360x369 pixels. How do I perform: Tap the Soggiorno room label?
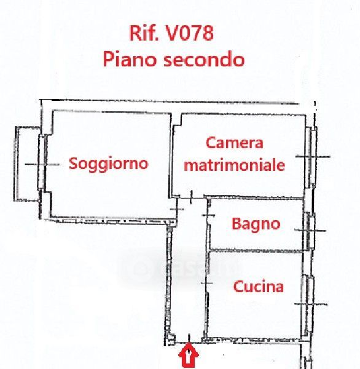[108, 164]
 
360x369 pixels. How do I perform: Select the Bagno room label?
[256, 224]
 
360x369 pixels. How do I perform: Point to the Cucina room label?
[258, 287]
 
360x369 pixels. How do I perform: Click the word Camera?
[235, 143]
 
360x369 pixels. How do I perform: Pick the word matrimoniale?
[235, 165]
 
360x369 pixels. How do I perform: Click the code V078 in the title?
[190, 33]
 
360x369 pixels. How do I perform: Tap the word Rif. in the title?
[144, 33]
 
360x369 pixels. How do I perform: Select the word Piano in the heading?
[130, 59]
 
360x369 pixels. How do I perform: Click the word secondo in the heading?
[204, 59]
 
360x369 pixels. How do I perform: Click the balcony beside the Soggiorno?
[26, 164]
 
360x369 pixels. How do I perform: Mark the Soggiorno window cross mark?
[42, 164]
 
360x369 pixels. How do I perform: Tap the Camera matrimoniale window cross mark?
[313, 156]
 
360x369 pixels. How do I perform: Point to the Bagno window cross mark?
[310, 231]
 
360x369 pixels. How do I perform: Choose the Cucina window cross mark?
[311, 304]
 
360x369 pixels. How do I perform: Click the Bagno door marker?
[208, 215]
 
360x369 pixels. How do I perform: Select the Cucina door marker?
[207, 283]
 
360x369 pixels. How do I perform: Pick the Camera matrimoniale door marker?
[191, 197]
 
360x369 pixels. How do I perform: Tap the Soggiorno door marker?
[177, 209]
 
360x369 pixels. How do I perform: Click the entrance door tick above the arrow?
[189, 338]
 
